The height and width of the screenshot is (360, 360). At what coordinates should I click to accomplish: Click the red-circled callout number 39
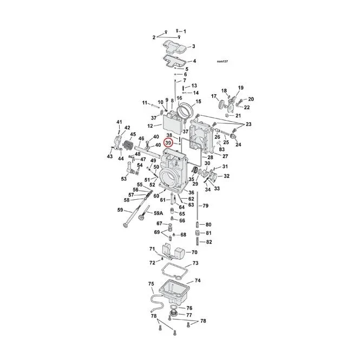click(168, 143)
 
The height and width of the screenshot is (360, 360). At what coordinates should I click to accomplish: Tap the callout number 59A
click(158, 213)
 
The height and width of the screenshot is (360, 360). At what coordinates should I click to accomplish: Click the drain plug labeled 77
click(174, 315)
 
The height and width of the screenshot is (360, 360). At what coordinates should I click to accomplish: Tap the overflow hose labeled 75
click(157, 303)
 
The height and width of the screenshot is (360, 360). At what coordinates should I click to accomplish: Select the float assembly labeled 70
click(173, 252)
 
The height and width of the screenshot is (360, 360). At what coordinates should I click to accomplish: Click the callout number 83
click(222, 149)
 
